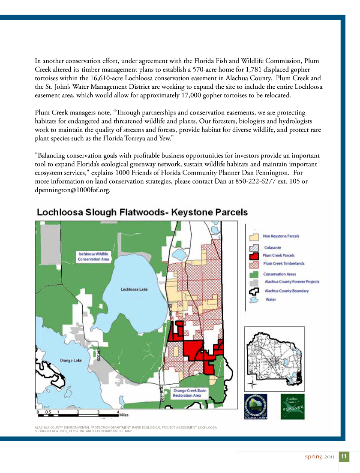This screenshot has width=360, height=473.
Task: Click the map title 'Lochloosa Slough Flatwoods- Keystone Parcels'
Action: (142, 212)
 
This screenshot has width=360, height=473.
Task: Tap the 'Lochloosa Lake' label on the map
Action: (134, 289)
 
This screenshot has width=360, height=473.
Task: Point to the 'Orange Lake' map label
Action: (70, 361)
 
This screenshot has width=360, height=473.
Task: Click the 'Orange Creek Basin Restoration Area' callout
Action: (190, 393)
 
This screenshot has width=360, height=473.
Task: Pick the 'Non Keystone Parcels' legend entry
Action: (281, 236)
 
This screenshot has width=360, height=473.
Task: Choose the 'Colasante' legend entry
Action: (273, 247)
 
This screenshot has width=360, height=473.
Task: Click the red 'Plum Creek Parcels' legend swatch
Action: (254, 256)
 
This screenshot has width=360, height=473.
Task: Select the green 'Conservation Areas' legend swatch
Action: (254, 274)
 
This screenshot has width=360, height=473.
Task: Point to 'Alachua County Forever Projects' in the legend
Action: (292, 282)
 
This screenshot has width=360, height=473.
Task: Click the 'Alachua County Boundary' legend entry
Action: (287, 291)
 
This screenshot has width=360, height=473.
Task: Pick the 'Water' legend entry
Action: (271, 300)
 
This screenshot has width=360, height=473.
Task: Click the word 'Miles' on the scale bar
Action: (124, 415)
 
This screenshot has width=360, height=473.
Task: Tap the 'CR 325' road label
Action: (98, 354)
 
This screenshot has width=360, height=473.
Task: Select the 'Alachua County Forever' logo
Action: (293, 407)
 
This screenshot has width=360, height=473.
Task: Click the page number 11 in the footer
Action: (344, 456)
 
